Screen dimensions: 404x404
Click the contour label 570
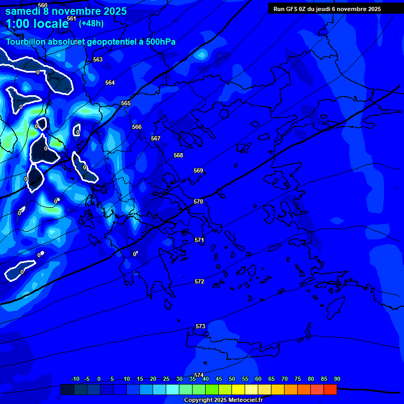(x=198, y=201)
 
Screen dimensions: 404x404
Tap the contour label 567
(x=156, y=138)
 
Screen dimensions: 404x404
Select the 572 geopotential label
(x=199, y=281)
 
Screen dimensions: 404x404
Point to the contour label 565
(x=126, y=104)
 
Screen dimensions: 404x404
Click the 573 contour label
(x=200, y=326)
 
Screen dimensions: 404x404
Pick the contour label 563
(x=98, y=59)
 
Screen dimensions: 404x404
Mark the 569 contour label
(x=198, y=170)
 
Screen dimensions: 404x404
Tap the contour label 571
(x=199, y=240)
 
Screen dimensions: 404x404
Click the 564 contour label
(x=110, y=83)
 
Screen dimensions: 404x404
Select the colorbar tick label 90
(x=337, y=379)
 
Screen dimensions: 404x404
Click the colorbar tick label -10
(x=75, y=379)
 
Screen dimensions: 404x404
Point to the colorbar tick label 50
(x=232, y=379)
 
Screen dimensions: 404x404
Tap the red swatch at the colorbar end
(x=330, y=389)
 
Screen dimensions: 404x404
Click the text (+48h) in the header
(x=91, y=23)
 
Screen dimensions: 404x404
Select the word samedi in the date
(x=23, y=11)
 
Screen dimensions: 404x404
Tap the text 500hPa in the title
(x=158, y=42)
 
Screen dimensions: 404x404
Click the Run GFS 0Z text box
(x=327, y=9)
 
